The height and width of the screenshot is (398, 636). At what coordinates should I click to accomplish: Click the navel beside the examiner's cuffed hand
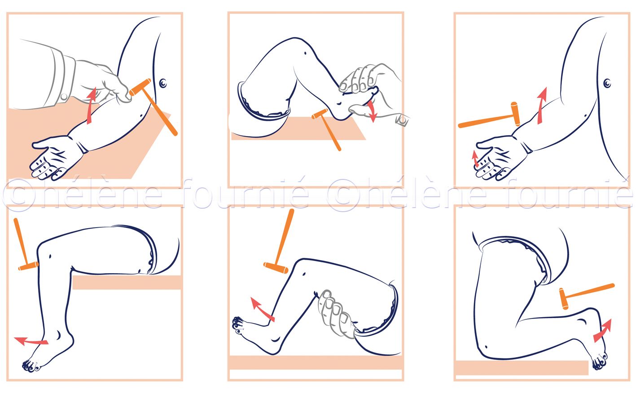point(163,83)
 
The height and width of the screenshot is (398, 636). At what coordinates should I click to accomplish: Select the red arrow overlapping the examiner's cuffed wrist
point(91,106)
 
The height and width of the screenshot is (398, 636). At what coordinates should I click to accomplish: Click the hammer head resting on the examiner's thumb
point(140,87)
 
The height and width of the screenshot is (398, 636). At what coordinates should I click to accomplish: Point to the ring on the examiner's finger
point(402,120)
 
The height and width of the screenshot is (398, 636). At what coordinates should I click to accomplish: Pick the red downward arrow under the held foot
point(371,111)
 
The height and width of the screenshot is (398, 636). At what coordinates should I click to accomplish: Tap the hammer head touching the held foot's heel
point(320,114)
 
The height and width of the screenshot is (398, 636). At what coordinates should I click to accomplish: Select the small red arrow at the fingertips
point(475,159)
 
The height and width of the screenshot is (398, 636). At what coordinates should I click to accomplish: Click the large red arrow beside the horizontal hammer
point(541,106)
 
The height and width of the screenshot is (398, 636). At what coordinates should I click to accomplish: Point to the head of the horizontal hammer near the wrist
point(516,114)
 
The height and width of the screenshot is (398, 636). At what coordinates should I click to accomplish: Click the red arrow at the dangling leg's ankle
point(31,341)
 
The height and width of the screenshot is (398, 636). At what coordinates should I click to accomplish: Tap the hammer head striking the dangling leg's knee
point(28,266)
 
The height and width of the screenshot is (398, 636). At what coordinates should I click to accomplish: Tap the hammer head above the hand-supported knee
point(276,268)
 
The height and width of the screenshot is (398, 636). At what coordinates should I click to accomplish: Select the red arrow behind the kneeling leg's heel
point(602,331)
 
